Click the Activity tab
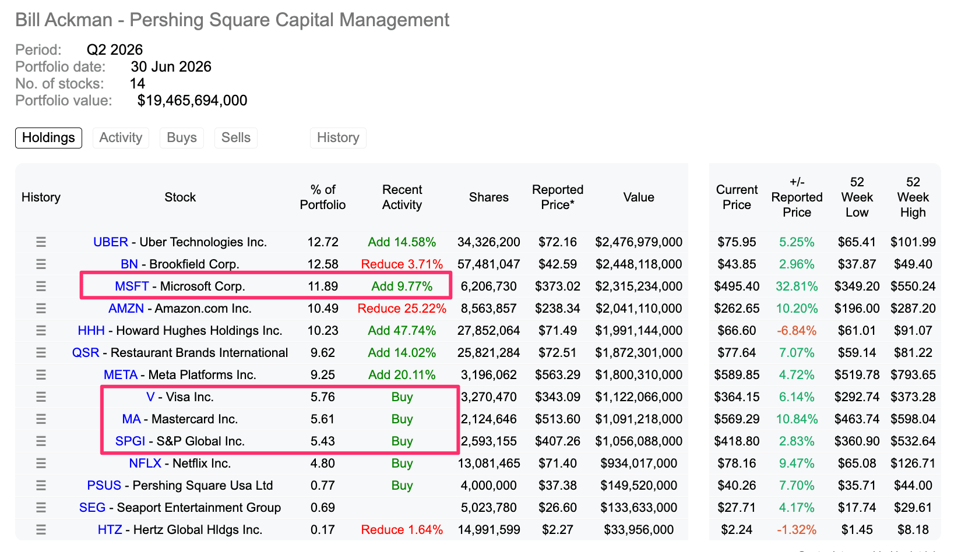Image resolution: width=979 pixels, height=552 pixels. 121,137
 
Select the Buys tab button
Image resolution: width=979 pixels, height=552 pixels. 182,137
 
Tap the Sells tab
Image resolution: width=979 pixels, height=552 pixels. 236,137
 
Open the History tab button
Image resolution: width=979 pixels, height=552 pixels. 338,137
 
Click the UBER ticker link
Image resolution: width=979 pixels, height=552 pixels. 111,242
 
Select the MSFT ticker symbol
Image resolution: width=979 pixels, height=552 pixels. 132,286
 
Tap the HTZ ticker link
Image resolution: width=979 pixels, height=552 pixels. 110,530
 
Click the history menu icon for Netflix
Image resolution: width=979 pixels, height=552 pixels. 41,463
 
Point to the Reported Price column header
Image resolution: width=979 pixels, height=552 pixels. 558,197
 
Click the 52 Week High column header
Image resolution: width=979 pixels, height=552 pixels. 913,197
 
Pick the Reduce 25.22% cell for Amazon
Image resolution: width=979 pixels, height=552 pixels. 402,309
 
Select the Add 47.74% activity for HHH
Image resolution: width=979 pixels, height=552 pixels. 402,331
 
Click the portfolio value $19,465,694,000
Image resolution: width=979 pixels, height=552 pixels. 192,100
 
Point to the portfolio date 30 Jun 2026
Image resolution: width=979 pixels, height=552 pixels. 171,66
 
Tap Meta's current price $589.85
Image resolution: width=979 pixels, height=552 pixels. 737,375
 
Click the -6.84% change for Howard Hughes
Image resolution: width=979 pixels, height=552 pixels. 797,331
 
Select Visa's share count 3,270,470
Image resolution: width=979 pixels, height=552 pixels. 488,397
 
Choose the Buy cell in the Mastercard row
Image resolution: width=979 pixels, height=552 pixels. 402,419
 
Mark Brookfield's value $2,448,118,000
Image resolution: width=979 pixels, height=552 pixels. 639,264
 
